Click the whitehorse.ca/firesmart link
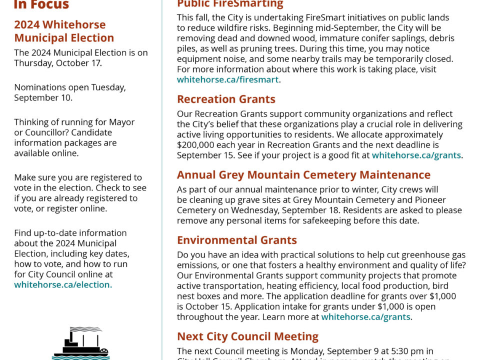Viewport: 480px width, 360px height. [x=228, y=79]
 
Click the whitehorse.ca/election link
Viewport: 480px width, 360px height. [x=63, y=284]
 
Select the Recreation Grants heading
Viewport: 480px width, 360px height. [x=226, y=99]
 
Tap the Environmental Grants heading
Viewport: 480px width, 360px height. [x=236, y=240]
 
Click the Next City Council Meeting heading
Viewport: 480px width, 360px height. [x=247, y=336]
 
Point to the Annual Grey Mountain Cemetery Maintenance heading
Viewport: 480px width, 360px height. [x=303, y=174]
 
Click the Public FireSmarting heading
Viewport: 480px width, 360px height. [x=230, y=4]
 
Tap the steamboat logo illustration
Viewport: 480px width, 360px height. [x=80, y=343]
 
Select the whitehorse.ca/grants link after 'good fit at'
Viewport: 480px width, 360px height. [x=416, y=155]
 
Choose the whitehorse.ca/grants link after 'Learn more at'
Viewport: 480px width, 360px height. [x=365, y=316]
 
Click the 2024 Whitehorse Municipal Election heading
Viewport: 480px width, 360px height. [x=64, y=31]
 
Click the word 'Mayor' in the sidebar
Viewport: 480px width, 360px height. [x=122, y=122]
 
